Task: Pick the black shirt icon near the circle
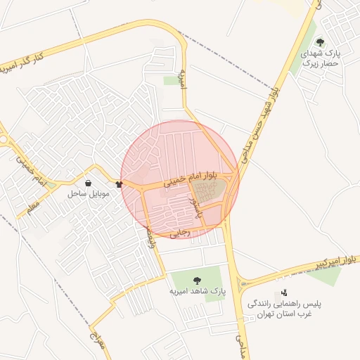click(x=118, y=184)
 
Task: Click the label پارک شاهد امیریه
click(x=196, y=290)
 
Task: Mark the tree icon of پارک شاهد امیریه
click(x=196, y=281)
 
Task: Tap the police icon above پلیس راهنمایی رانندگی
click(x=284, y=292)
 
